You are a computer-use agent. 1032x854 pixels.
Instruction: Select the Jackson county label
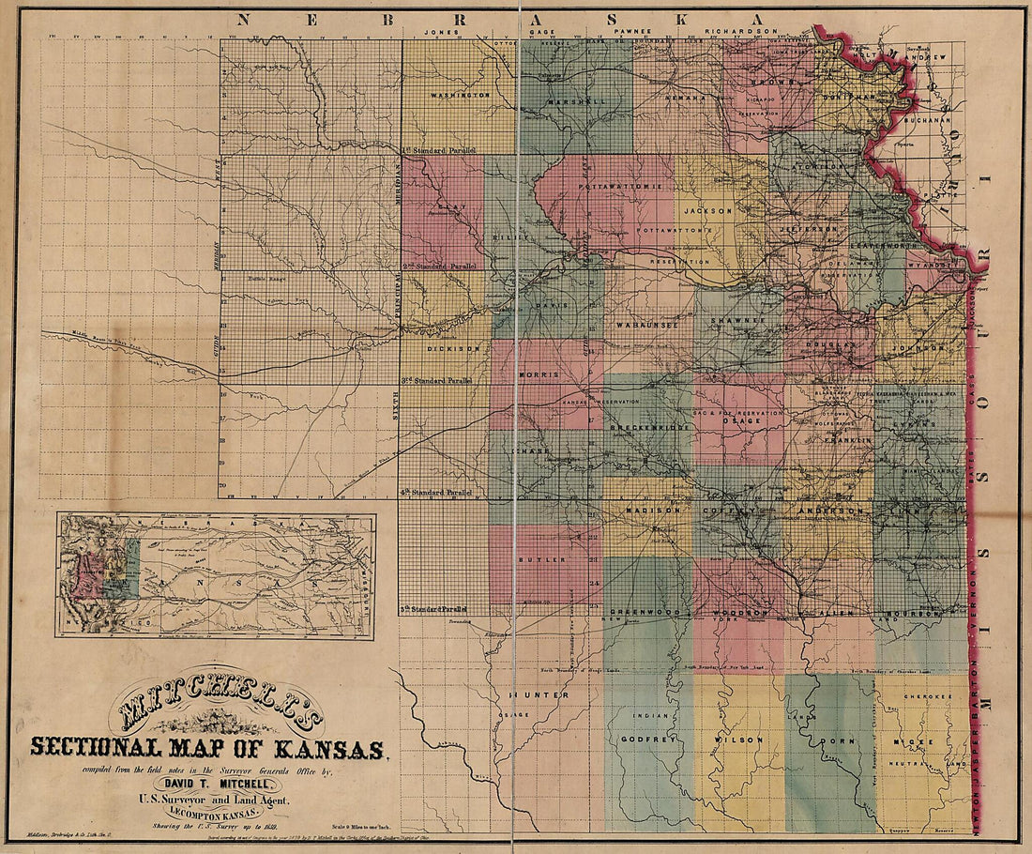(x=708, y=211)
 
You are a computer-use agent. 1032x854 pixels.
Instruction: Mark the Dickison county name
(x=453, y=347)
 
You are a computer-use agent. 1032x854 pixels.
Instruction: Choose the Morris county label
(x=539, y=375)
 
